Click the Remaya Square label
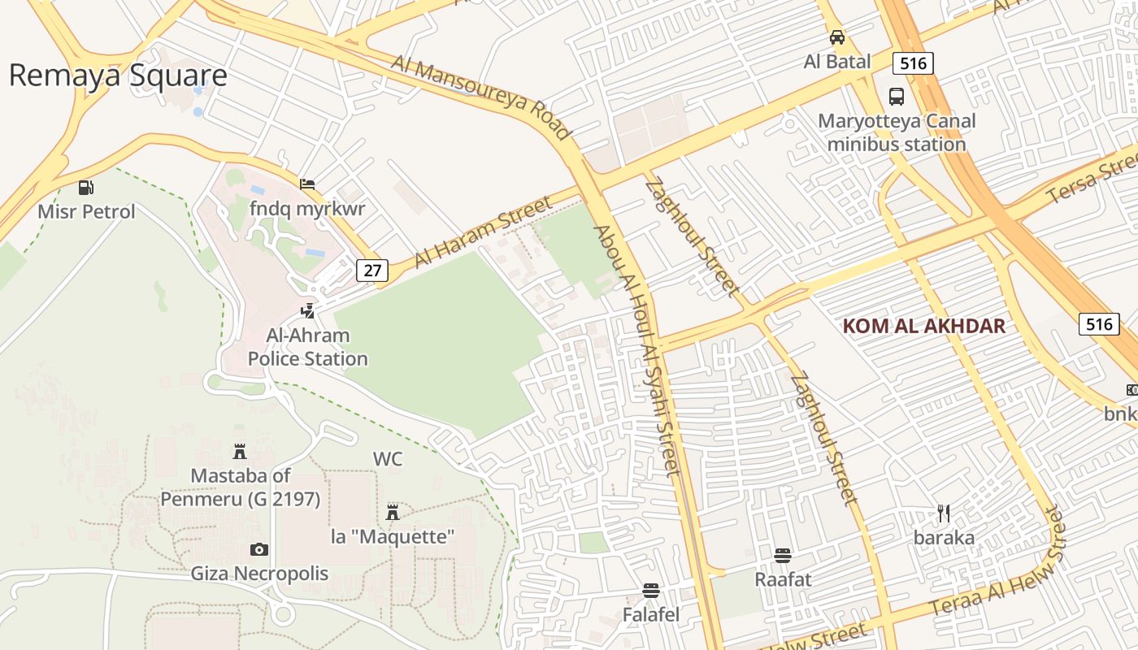pyautogui.click(x=118, y=76)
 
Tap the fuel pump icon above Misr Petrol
pyautogui.click(x=86, y=188)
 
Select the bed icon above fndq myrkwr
pyautogui.click(x=307, y=184)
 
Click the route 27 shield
pyautogui.click(x=371, y=271)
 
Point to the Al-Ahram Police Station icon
pyautogui.click(x=307, y=310)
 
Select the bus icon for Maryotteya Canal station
pyautogui.click(x=897, y=97)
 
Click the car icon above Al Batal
pyautogui.click(x=836, y=37)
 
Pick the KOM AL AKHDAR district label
pyautogui.click(x=924, y=327)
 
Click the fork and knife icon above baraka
pyautogui.click(x=944, y=513)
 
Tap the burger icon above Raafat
pyautogui.click(x=783, y=556)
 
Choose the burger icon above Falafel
pyautogui.click(x=650, y=590)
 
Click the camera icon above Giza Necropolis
pyautogui.click(x=259, y=549)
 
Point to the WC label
pyautogui.click(x=388, y=459)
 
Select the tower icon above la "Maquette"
pyautogui.click(x=393, y=512)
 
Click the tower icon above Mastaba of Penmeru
pyautogui.click(x=240, y=451)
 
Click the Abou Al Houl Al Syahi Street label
pyautogui.click(x=636, y=349)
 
